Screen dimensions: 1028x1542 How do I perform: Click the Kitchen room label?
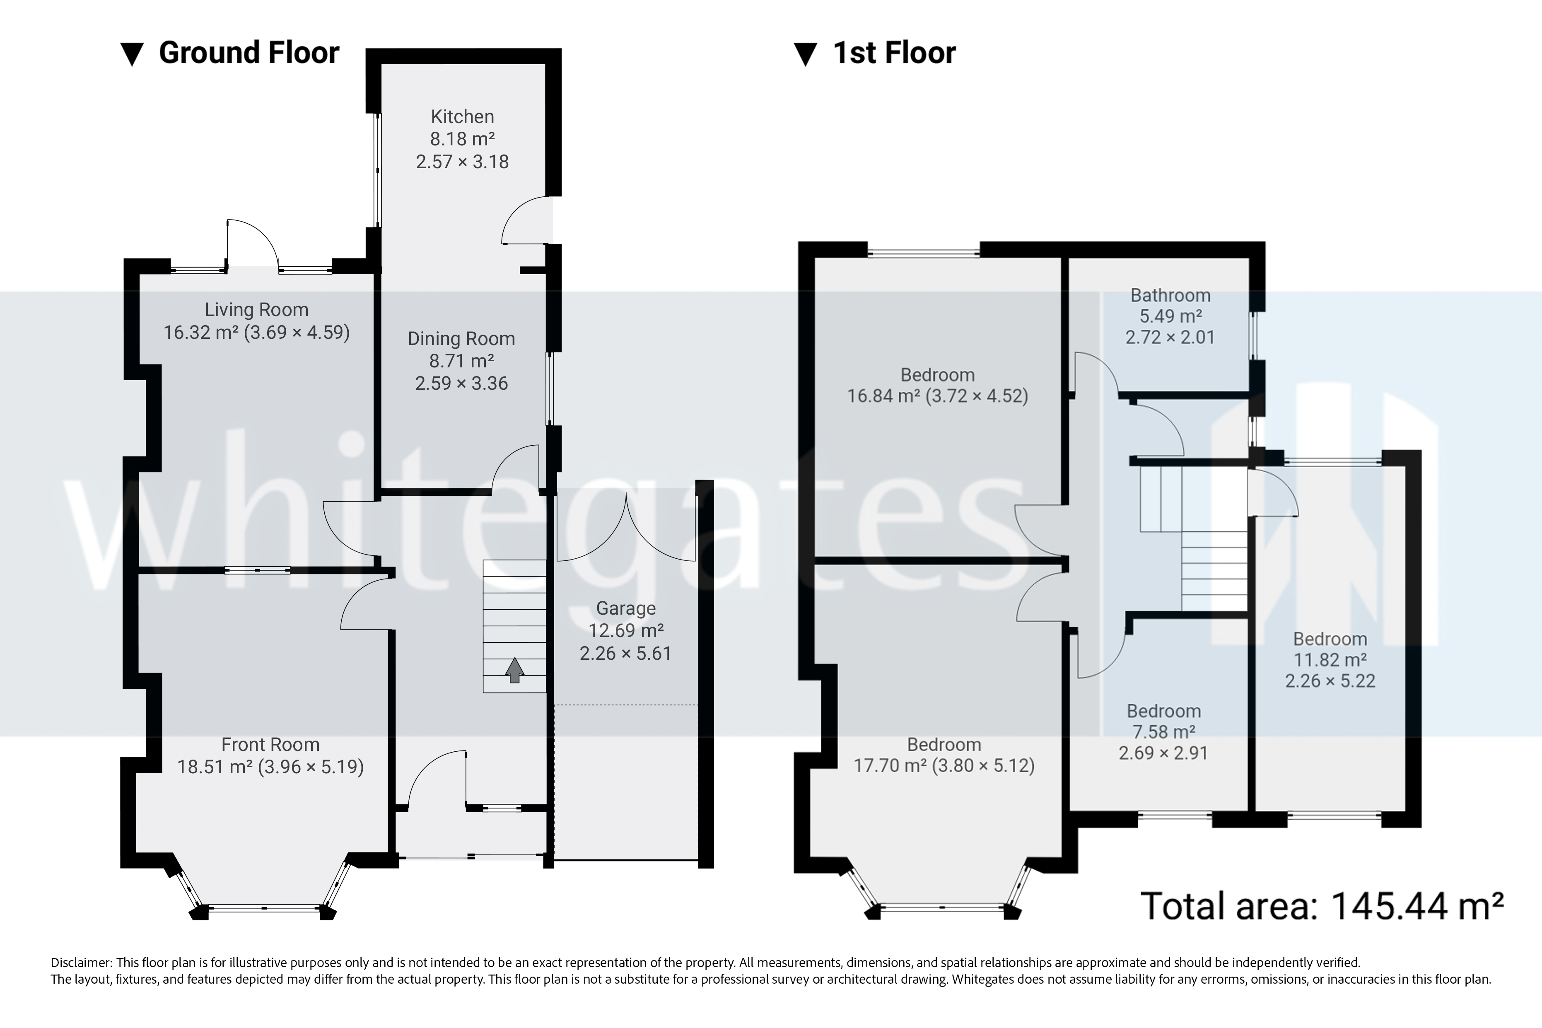(462, 117)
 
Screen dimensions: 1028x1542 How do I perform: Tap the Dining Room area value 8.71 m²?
(461, 361)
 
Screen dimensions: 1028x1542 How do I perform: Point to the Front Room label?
(270, 744)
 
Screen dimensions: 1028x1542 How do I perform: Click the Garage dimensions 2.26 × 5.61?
(625, 653)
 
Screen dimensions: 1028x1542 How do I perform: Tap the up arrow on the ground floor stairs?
(515, 670)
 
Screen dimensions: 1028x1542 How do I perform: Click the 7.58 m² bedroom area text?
(1164, 732)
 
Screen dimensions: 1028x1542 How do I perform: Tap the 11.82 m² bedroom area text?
(1330, 659)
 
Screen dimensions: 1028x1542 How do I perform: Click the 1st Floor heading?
(894, 53)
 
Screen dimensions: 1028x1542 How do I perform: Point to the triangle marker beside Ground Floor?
(133, 54)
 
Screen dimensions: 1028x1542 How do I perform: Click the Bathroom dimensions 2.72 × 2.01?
(1170, 337)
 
